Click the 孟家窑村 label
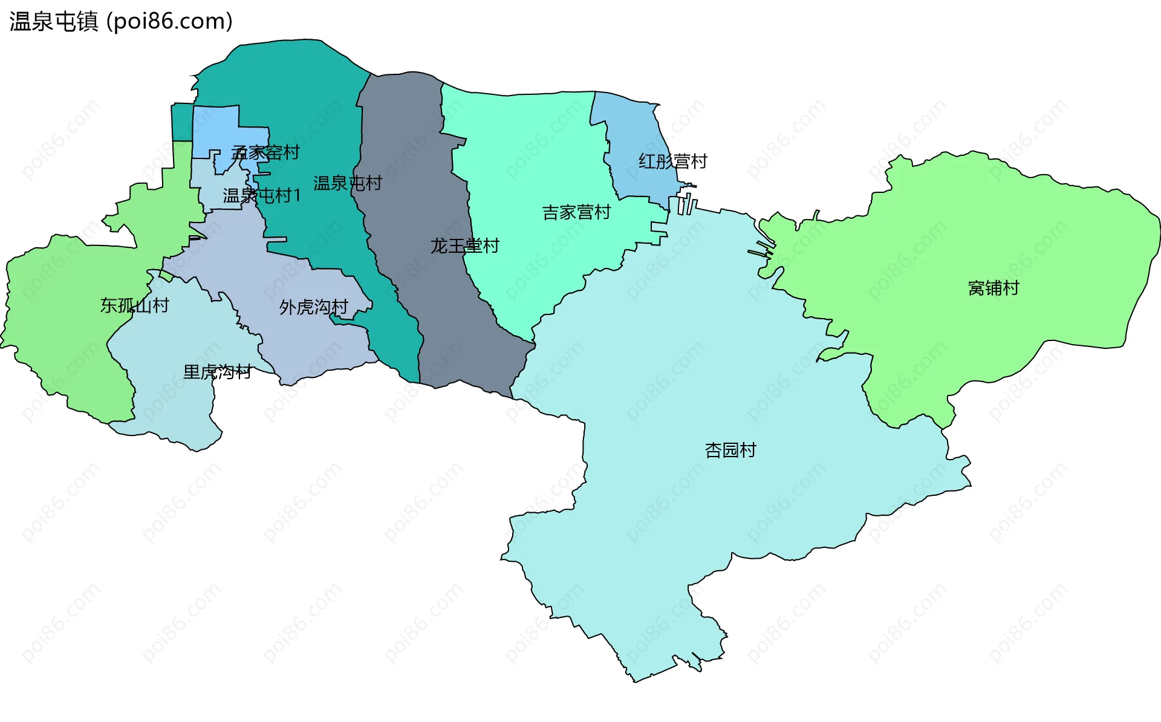coord(265,152)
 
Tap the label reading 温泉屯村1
coord(261,195)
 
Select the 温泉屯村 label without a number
coord(347,183)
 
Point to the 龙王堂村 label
coord(464,246)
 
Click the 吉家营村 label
coord(576,212)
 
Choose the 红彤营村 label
coord(672,161)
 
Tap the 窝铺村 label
coord(994,288)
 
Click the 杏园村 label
coord(730,450)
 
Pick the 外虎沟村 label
coord(313,307)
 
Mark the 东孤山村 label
coord(134,305)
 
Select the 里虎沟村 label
coord(217,371)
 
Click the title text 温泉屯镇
coord(54,21)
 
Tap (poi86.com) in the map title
coord(169,21)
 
